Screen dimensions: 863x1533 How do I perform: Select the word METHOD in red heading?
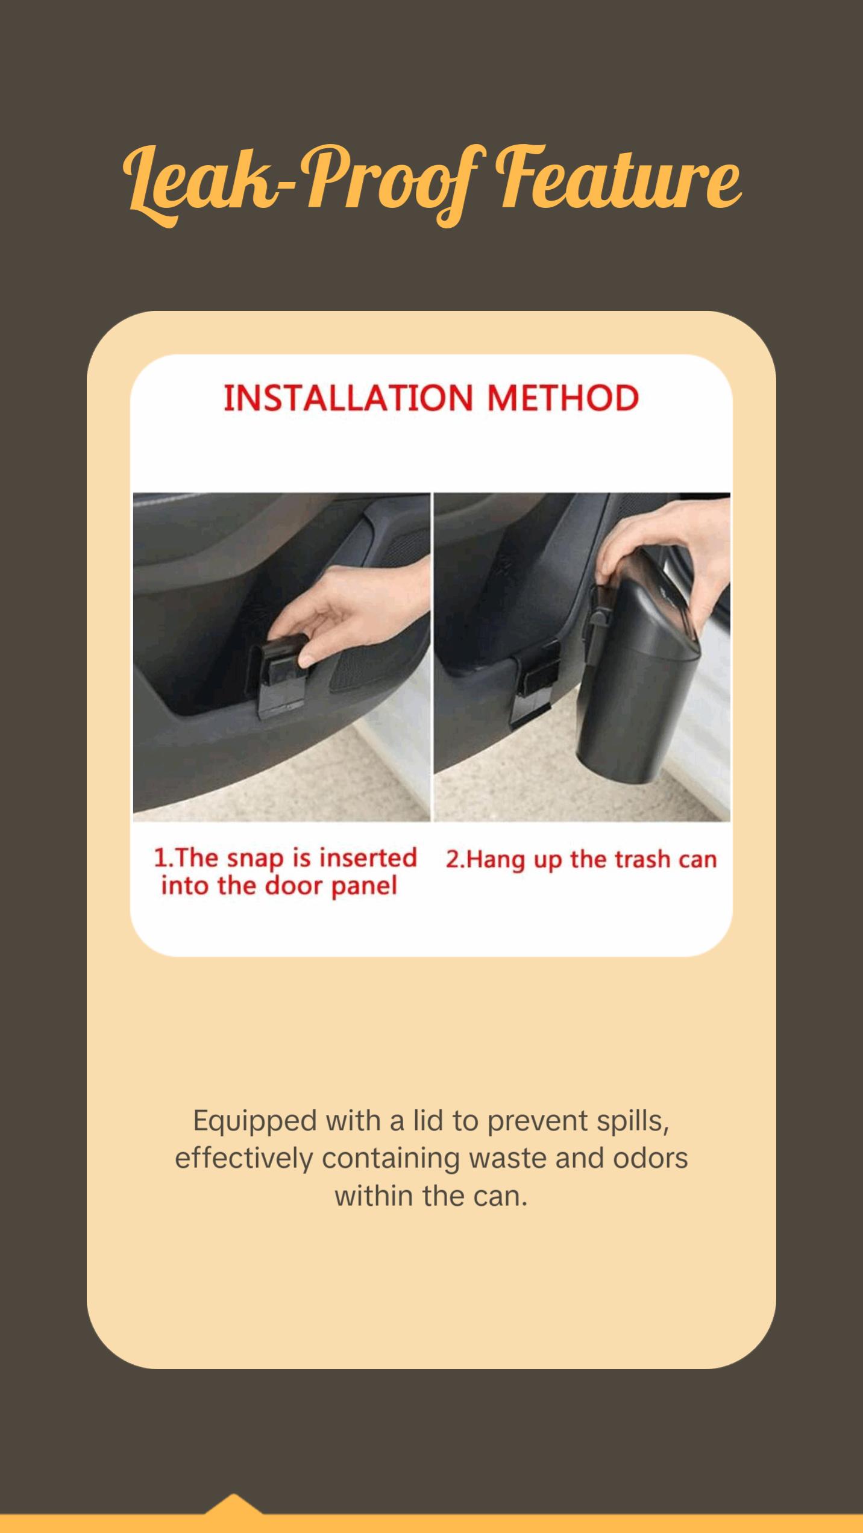[x=563, y=398]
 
